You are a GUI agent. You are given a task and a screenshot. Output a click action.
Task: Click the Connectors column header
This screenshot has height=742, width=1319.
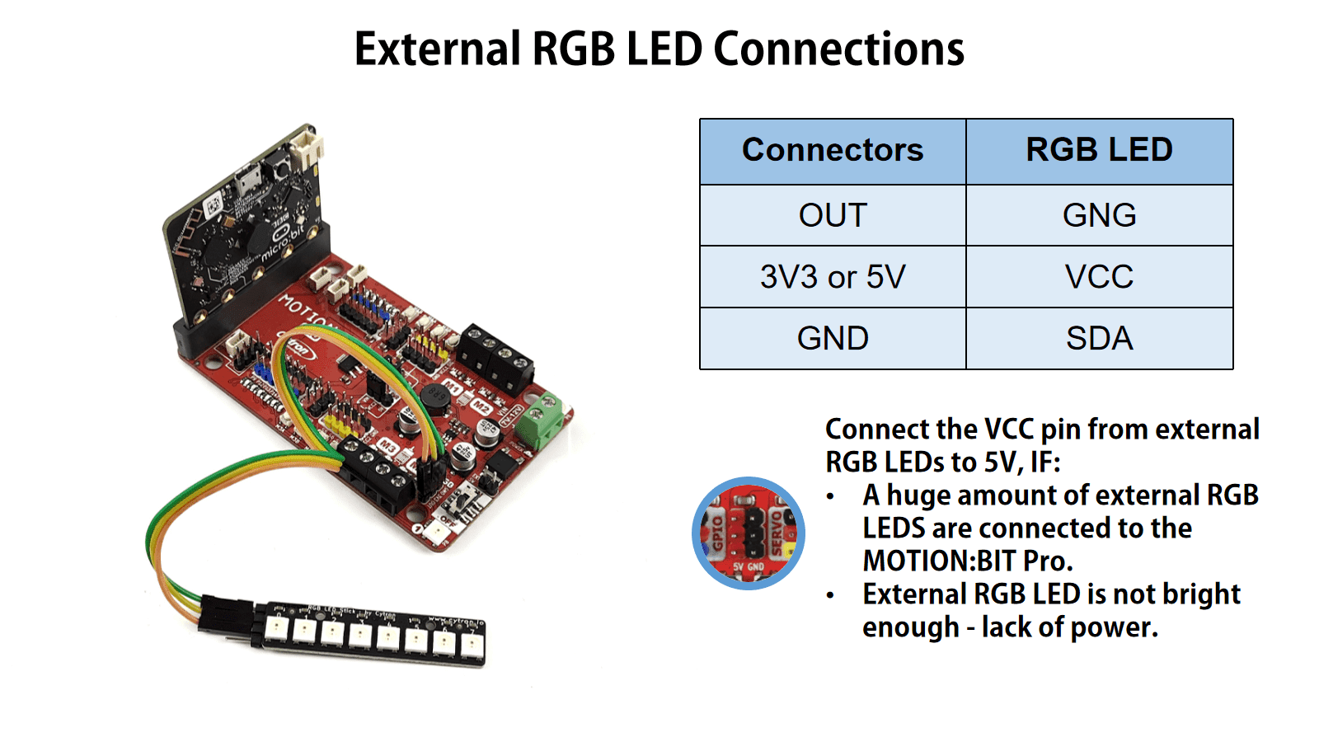(833, 150)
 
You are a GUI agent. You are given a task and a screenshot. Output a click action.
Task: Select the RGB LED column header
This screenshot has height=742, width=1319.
(1099, 150)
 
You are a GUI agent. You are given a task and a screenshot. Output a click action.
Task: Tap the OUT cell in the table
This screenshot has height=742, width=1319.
(833, 215)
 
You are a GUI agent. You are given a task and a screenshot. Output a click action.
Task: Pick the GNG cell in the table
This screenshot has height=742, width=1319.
(1099, 215)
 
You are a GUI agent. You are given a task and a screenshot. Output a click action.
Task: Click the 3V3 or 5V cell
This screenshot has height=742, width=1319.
(833, 277)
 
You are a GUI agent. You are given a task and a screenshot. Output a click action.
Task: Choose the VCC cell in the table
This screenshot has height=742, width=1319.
(1099, 277)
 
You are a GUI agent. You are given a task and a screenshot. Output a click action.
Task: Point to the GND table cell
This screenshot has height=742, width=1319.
(833, 338)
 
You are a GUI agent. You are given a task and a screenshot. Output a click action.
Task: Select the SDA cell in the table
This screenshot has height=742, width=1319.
(1099, 338)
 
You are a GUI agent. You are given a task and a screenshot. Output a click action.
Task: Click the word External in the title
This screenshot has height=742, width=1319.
(438, 49)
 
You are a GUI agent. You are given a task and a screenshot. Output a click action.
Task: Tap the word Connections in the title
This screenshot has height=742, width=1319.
(838, 49)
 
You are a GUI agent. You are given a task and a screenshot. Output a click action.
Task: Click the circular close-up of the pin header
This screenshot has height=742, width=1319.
(749, 533)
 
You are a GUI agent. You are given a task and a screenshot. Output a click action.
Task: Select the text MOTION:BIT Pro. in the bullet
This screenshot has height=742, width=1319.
(968, 561)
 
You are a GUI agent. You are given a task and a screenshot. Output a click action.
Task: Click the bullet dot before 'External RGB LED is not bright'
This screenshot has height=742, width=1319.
(830, 595)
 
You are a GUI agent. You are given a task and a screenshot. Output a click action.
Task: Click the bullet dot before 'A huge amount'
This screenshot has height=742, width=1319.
(830, 496)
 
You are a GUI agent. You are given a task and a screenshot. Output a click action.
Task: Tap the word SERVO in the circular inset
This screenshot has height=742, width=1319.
(777, 532)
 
